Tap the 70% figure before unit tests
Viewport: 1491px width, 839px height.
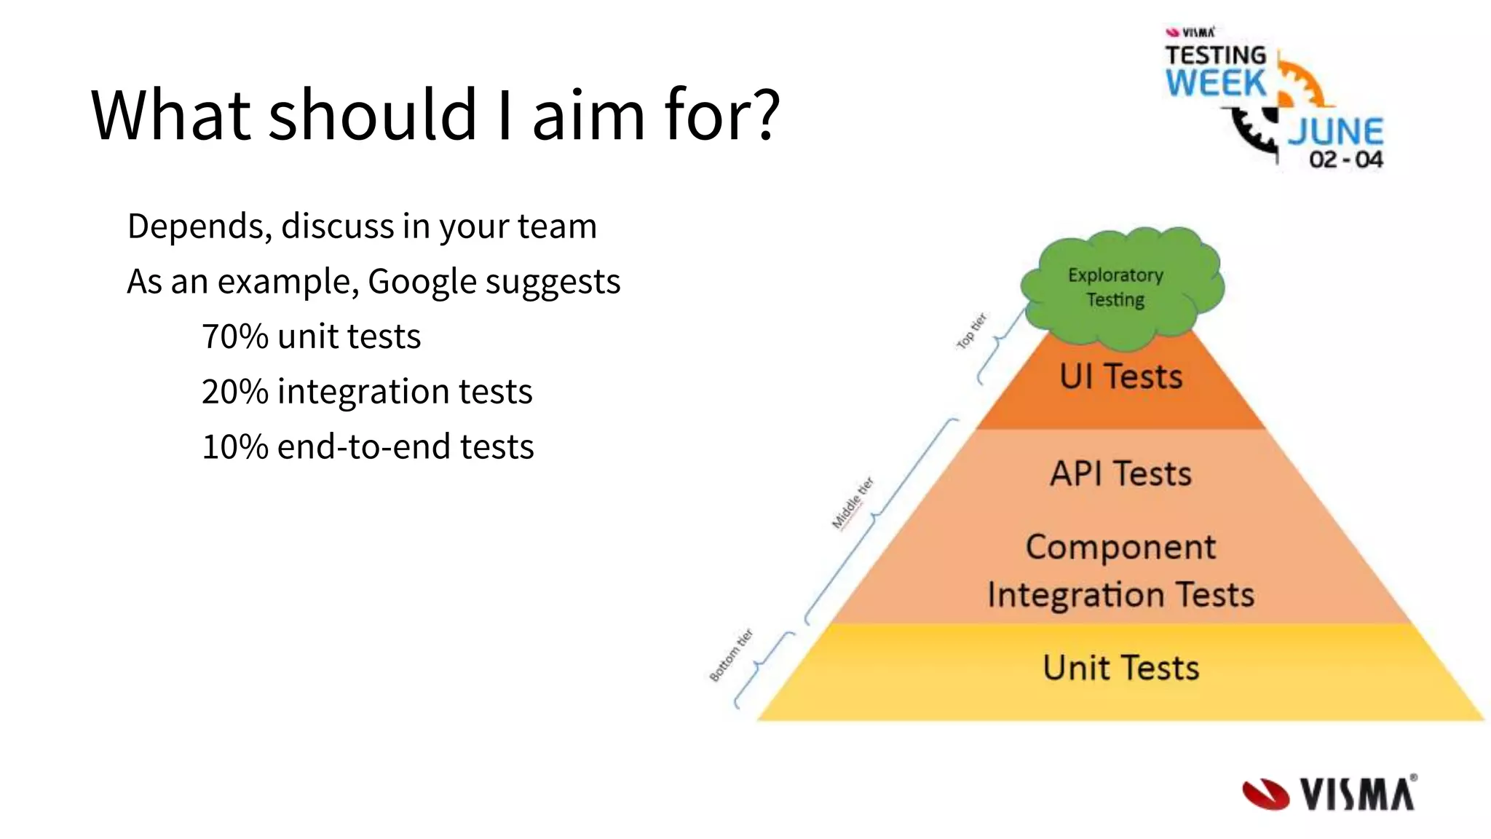(234, 337)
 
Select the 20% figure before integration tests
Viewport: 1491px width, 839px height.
(234, 392)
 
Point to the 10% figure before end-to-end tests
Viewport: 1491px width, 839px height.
(234, 447)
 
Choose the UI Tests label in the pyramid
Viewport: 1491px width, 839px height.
(1120, 377)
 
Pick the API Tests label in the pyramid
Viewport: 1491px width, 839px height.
(1120, 474)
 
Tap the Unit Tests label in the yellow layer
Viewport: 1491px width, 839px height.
(1120, 668)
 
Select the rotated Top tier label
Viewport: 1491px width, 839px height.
(971, 331)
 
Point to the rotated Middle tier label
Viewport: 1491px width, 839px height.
(853, 503)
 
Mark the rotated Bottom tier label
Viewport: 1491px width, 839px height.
(730, 655)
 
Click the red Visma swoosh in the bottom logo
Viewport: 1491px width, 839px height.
(1265, 795)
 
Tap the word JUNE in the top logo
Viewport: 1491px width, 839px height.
(1336, 132)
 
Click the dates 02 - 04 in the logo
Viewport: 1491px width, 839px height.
(1345, 159)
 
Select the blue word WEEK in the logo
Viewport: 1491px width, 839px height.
(1215, 83)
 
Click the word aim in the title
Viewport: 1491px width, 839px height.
(588, 115)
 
